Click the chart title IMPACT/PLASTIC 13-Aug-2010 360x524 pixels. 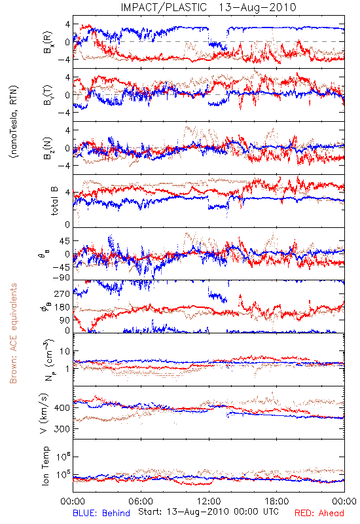(x=208, y=7)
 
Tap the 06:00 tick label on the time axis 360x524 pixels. (x=141, y=502)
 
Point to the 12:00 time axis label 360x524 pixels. (x=209, y=502)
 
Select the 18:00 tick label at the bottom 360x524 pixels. (x=277, y=502)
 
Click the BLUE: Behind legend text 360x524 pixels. (x=101, y=514)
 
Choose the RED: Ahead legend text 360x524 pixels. (x=319, y=514)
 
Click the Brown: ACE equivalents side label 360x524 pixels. (x=13, y=333)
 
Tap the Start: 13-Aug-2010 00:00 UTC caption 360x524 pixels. (x=208, y=512)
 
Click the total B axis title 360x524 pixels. (x=54, y=201)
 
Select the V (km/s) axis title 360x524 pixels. (x=45, y=413)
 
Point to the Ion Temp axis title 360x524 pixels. (x=46, y=466)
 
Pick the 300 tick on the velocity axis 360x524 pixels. (x=62, y=429)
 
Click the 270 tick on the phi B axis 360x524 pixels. (x=62, y=294)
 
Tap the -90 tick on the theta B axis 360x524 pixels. (x=62, y=278)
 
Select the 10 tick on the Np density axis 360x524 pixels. (x=65, y=352)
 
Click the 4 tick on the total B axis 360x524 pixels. (x=68, y=193)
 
